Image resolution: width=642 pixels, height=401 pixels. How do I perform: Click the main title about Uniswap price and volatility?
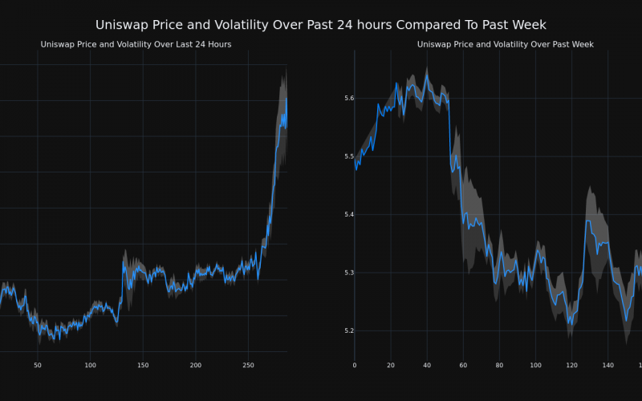click(x=321, y=25)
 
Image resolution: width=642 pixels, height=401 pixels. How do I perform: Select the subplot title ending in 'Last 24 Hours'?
click(x=136, y=44)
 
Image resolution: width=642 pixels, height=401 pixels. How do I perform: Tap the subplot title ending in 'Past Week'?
click(x=505, y=44)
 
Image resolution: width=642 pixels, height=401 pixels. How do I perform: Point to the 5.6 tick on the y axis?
click(x=347, y=98)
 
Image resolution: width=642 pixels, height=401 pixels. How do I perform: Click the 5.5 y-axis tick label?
click(x=347, y=156)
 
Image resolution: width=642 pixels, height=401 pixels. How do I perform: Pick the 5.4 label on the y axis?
click(x=347, y=214)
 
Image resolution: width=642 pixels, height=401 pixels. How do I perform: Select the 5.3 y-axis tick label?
click(x=347, y=273)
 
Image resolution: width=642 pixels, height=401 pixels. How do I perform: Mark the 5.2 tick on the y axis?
click(x=347, y=330)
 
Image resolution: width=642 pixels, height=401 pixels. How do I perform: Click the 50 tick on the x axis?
click(x=37, y=366)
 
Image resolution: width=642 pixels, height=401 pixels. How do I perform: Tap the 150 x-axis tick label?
click(x=143, y=366)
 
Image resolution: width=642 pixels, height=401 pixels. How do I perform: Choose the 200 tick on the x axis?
click(x=195, y=366)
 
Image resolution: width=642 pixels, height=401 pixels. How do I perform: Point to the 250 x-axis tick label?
click(x=248, y=366)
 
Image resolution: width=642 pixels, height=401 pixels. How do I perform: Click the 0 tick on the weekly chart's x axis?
click(x=355, y=366)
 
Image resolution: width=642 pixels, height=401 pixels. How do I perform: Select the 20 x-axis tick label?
click(x=391, y=366)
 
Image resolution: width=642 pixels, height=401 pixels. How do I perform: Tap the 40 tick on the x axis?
click(x=427, y=366)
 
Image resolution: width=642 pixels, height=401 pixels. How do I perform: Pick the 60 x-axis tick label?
click(x=463, y=366)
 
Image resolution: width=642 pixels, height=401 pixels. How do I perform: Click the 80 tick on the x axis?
click(x=499, y=366)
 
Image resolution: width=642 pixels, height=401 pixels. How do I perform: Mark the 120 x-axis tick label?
click(x=571, y=366)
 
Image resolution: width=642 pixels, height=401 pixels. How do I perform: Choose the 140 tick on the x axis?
click(x=607, y=366)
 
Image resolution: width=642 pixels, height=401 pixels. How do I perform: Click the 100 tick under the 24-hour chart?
click(x=90, y=366)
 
